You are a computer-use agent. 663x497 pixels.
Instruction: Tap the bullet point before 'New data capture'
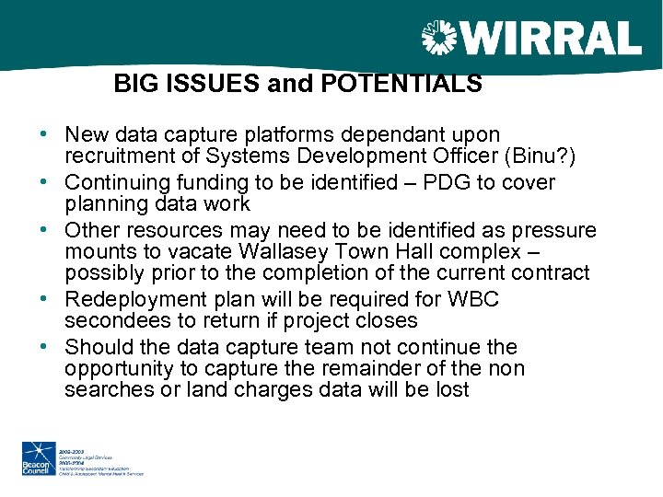click(x=44, y=134)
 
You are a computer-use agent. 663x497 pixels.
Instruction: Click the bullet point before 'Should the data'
click(x=44, y=347)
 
